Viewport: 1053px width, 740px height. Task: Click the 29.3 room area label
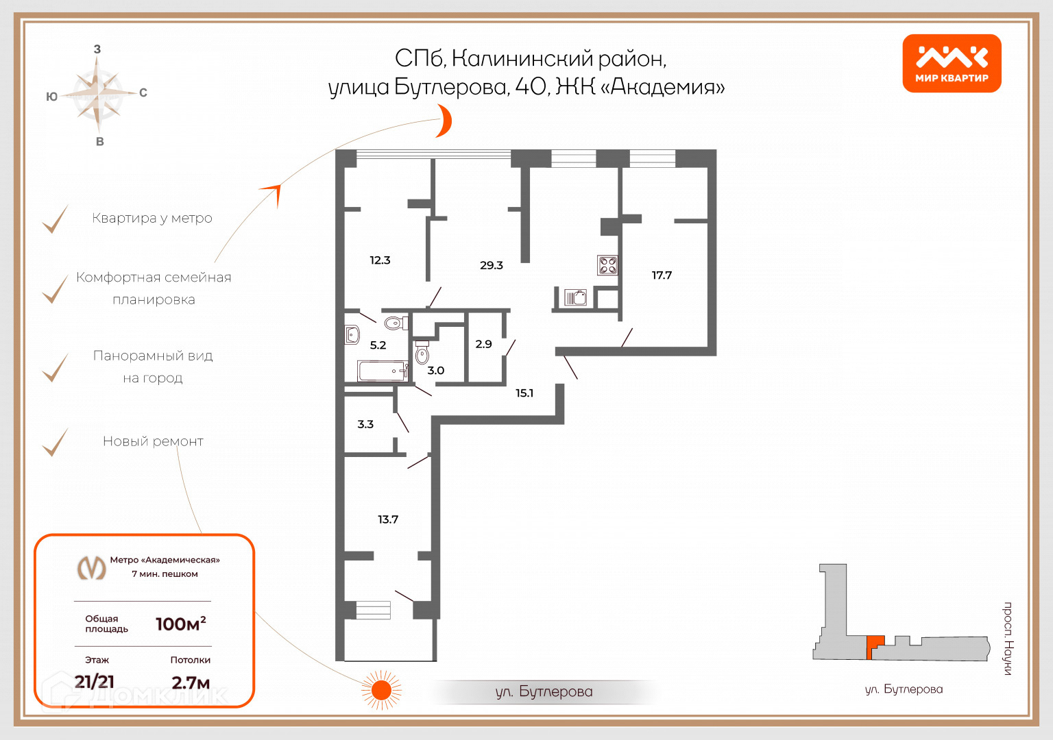click(x=491, y=265)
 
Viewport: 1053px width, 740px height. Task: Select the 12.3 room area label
click(x=380, y=260)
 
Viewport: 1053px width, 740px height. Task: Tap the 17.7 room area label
click(x=662, y=275)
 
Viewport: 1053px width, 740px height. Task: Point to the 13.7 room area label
click(x=388, y=519)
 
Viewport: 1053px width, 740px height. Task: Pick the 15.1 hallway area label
click(x=524, y=393)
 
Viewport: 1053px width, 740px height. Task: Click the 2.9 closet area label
click(x=483, y=344)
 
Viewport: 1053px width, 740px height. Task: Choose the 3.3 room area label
click(x=365, y=424)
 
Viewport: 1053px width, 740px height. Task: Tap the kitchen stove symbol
click(x=607, y=264)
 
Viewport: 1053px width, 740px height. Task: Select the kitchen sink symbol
click(x=575, y=297)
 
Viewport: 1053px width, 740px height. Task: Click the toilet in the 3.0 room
click(x=422, y=353)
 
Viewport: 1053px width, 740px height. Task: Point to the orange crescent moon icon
click(x=445, y=121)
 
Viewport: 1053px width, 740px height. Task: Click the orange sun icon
click(x=381, y=690)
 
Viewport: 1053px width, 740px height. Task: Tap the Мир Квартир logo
click(x=952, y=63)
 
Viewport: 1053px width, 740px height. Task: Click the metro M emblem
click(x=91, y=567)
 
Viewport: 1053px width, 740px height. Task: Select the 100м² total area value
click(x=180, y=624)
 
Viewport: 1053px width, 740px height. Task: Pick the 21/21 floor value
click(x=95, y=682)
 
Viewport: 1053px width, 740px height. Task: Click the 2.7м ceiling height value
click(x=191, y=682)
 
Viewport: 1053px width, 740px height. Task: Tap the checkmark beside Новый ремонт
click(x=56, y=442)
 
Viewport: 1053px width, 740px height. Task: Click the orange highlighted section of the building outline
click(x=874, y=645)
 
